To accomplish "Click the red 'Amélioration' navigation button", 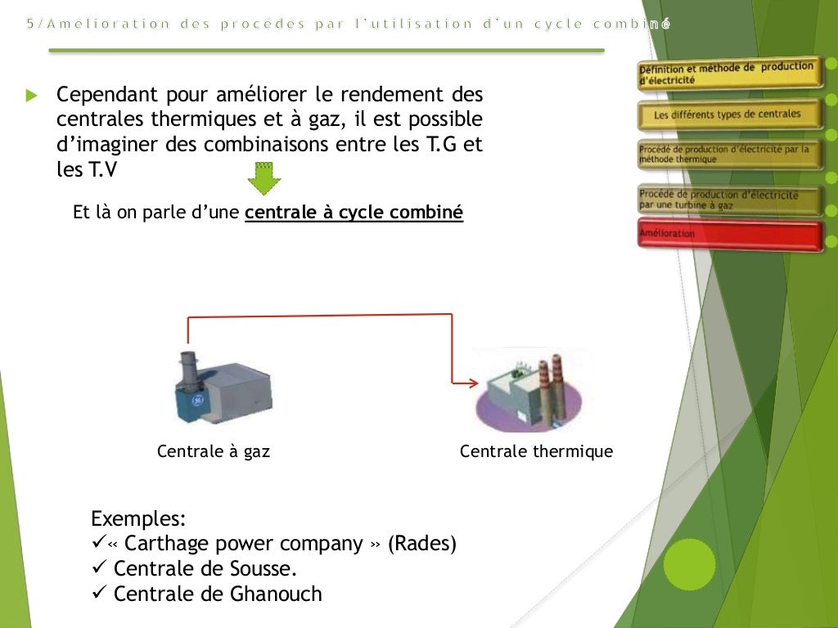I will tap(728, 235).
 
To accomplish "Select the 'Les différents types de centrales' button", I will tap(728, 114).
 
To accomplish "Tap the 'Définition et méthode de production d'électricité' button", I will tap(728, 74).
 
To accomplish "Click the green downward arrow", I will tap(264, 179).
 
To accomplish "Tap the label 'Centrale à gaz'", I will tap(213, 451).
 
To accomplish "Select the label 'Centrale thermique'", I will tap(536, 451).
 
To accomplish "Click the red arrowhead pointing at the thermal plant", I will tap(473, 383).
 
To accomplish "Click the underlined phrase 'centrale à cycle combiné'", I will tap(354, 213).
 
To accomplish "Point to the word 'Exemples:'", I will tap(138, 518).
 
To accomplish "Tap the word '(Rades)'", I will tap(421, 544).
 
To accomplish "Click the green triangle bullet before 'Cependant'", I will tap(32, 96).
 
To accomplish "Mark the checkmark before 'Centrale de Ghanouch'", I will tap(98, 594).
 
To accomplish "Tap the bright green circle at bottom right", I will tap(689, 564).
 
